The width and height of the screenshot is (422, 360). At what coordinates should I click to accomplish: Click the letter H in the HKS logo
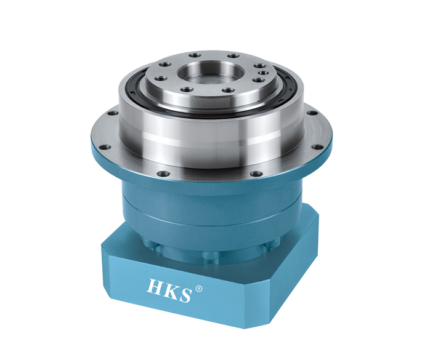[155, 287]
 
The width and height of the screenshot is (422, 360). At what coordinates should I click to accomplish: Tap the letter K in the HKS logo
[171, 290]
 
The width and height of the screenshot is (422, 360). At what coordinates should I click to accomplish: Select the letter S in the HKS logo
[185, 295]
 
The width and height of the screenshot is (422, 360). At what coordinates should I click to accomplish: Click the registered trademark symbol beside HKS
[198, 289]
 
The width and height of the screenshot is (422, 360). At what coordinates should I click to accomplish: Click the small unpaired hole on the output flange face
[264, 73]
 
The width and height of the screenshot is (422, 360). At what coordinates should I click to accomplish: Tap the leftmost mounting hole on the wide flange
[105, 147]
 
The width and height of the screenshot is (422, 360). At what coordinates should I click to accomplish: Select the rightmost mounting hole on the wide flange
[317, 147]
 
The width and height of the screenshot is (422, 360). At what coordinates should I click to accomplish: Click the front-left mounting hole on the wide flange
[163, 174]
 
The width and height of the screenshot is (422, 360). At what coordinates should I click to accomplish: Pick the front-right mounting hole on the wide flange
[256, 174]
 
